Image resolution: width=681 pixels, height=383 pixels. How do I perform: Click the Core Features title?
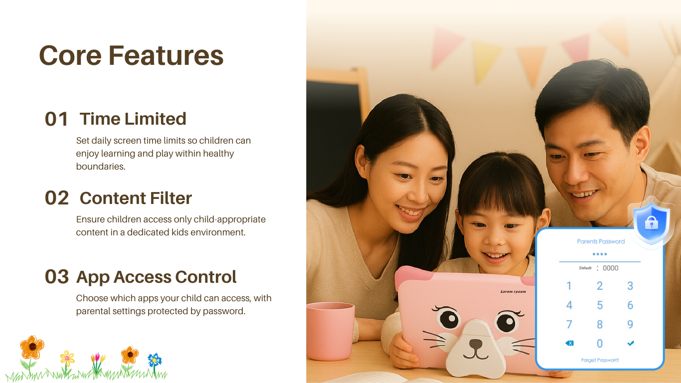(x=131, y=55)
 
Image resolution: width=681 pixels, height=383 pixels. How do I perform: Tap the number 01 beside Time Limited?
(x=56, y=119)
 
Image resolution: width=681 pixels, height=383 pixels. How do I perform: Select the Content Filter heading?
(x=136, y=198)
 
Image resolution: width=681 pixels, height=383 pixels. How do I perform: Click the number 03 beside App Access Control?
(x=56, y=277)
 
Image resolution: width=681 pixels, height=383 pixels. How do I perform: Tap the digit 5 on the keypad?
(x=600, y=305)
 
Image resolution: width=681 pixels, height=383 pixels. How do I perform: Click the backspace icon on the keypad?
(x=569, y=343)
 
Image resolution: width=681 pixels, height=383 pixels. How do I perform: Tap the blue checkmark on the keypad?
(x=631, y=343)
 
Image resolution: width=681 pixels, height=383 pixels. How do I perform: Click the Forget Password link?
(x=600, y=360)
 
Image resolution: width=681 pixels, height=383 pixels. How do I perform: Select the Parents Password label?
(x=601, y=241)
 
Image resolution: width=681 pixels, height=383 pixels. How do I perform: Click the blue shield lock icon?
(x=651, y=223)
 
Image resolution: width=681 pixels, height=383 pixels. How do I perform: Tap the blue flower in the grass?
(x=155, y=360)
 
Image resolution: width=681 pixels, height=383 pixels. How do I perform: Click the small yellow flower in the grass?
(x=67, y=359)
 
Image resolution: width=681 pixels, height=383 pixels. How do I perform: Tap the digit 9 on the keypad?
(x=630, y=324)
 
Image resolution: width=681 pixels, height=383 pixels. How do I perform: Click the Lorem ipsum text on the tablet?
(x=513, y=291)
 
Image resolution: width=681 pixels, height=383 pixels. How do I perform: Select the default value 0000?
(x=611, y=268)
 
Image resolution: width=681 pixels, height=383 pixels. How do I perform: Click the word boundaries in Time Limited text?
(x=101, y=167)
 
